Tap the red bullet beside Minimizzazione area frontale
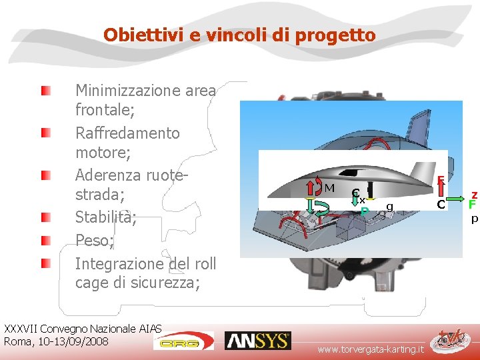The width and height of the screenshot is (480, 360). (45, 89)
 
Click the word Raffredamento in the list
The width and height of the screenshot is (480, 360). (127, 133)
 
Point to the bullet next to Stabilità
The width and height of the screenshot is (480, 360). (45, 217)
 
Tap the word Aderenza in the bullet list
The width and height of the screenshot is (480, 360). (105, 175)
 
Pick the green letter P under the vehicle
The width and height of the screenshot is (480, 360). (364, 211)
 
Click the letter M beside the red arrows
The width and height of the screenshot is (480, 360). (329, 189)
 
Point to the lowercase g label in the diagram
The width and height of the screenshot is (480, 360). (389, 207)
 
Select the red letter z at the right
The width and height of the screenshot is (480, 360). (474, 191)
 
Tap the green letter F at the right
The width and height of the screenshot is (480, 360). (472, 205)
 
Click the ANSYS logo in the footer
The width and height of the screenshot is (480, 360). (257, 341)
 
